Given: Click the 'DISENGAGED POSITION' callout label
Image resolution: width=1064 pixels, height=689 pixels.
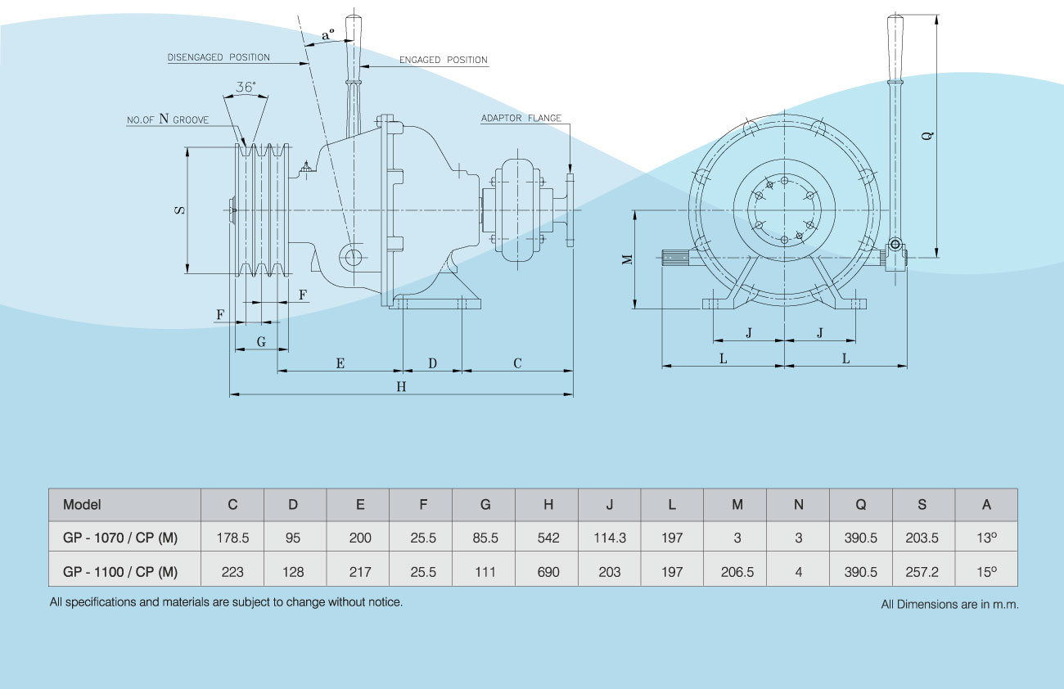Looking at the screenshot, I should pos(219,58).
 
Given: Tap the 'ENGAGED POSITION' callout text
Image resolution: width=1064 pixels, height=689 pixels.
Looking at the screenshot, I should pos(443,60).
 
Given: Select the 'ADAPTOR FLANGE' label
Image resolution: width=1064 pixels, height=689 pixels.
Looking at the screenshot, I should pos(521,118).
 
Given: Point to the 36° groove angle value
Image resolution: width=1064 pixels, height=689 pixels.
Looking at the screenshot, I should pos(245,86).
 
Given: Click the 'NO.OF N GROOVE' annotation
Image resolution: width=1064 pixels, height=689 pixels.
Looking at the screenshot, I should pos(168,119).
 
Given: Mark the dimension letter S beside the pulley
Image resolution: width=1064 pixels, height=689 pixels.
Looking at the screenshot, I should pos(179,210).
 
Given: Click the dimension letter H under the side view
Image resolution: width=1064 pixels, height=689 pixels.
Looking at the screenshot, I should pos(401,387).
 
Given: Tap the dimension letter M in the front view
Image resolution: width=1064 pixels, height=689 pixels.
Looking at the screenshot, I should pos(627,259).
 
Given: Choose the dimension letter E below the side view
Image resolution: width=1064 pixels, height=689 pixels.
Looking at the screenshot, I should pos(340,363).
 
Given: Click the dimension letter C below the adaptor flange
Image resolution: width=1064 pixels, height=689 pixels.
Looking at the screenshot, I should pos(517,363).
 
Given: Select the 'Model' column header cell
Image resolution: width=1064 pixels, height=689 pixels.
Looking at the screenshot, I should pos(82,505).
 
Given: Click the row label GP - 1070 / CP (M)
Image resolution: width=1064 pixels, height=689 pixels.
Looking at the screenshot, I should pos(120,538).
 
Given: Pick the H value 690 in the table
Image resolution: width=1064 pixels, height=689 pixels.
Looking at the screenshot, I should pos(548,571).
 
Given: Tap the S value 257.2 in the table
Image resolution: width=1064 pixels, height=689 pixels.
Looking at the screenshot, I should pos(922,571).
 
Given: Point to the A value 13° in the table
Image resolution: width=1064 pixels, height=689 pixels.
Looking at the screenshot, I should pos(985,538).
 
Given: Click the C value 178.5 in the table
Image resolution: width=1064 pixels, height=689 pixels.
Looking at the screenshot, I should pos(232,538).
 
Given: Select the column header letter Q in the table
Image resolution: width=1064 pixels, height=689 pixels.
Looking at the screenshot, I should pos(860,505).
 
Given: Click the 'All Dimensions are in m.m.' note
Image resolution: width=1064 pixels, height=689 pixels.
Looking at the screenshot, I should pos(949,605).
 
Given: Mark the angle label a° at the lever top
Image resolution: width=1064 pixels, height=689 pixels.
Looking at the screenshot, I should pos(327,34).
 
